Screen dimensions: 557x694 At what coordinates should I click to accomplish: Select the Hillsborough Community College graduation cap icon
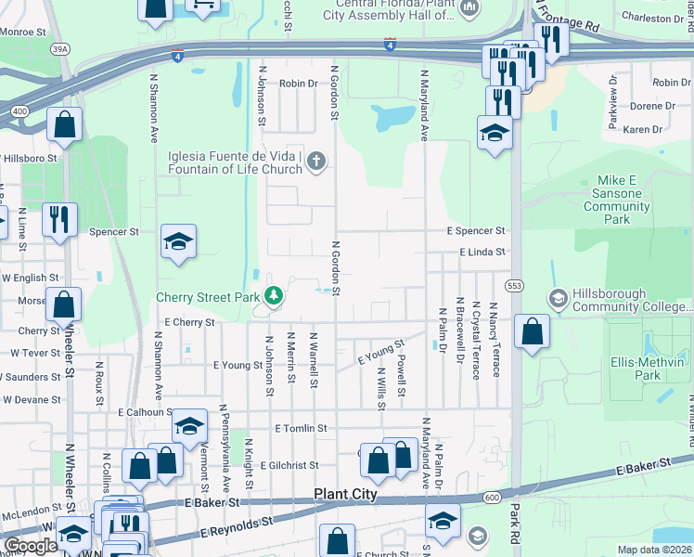(558, 298)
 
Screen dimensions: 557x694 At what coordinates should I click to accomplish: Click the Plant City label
(346, 495)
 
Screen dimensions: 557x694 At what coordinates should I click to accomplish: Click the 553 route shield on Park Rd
(516, 285)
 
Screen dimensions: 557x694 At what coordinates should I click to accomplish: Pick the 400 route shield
(19, 110)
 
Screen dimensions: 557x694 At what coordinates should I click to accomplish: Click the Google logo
(32, 546)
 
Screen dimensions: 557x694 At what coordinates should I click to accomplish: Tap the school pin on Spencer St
(178, 243)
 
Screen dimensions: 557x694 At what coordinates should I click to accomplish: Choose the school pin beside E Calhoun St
(189, 426)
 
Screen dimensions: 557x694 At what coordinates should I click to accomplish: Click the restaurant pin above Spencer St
(59, 220)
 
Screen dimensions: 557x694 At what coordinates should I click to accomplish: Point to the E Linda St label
(481, 252)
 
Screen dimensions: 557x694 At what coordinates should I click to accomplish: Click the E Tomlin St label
(302, 428)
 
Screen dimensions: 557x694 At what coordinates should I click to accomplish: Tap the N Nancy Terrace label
(494, 339)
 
